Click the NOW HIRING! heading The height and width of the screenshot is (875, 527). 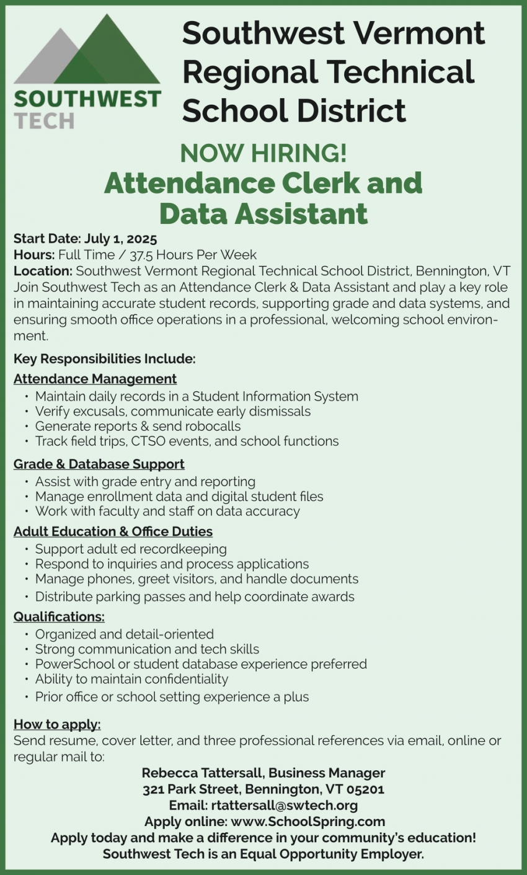(x=263, y=153)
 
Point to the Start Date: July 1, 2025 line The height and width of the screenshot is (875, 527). (x=85, y=239)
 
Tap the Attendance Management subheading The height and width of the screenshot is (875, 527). (x=95, y=379)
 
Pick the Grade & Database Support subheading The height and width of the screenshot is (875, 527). (x=99, y=464)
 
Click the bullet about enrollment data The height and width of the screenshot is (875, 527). (x=179, y=497)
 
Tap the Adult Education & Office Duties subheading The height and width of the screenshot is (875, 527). (x=113, y=531)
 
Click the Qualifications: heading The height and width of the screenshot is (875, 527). (x=59, y=617)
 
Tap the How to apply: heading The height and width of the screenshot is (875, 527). (x=57, y=724)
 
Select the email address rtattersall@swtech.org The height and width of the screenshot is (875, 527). (x=285, y=806)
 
